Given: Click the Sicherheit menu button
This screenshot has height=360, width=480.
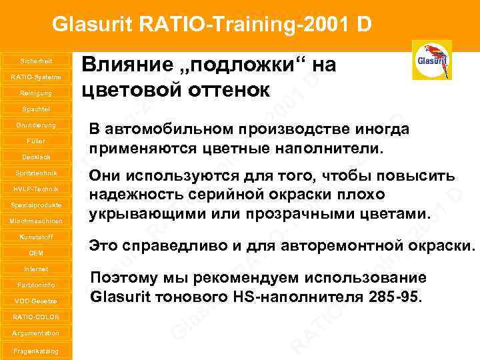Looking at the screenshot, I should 36,61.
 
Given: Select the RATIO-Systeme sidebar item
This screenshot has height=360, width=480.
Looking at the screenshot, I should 36,77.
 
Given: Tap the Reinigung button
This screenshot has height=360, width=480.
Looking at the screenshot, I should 36,93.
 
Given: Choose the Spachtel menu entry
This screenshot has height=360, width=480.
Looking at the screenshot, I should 36,109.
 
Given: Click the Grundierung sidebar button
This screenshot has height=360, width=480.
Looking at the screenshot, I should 36,125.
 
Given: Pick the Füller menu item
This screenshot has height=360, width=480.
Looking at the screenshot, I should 36,141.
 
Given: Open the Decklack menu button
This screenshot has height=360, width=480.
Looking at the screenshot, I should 36,157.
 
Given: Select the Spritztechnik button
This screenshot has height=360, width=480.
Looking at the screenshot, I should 36,173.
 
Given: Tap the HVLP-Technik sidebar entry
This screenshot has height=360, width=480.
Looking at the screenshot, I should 36,189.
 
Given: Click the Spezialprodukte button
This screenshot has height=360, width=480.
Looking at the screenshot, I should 36,205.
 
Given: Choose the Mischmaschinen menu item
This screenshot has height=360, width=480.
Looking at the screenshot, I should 36,221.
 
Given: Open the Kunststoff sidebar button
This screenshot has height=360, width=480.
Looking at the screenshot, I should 36,237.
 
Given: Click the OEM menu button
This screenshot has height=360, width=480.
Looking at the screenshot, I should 36,253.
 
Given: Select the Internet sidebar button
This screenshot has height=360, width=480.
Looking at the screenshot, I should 36,269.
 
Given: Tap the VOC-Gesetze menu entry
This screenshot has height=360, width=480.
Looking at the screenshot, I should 36,301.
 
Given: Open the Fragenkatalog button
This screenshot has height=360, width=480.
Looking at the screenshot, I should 36,351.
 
